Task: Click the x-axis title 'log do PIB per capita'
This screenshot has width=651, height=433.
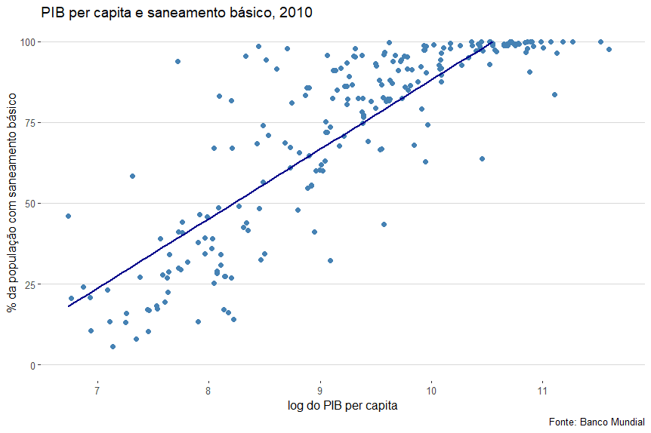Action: (x=342, y=406)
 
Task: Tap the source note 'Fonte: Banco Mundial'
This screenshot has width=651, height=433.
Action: (x=596, y=422)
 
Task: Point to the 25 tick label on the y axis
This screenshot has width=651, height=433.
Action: (x=29, y=284)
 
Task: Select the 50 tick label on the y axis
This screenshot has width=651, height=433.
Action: (x=29, y=204)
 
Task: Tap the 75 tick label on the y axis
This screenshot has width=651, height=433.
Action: (x=29, y=123)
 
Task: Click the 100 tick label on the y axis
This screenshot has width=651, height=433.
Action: (x=26, y=41)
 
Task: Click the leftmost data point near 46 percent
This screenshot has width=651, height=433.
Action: (x=68, y=216)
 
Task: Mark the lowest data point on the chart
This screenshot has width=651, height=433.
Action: (x=113, y=346)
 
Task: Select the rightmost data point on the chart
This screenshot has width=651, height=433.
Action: (x=609, y=49)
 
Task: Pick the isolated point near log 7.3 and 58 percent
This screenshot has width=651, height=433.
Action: (x=132, y=176)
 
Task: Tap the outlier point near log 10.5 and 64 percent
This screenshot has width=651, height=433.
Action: (x=482, y=158)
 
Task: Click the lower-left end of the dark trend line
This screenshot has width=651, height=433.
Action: (x=69, y=306)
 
